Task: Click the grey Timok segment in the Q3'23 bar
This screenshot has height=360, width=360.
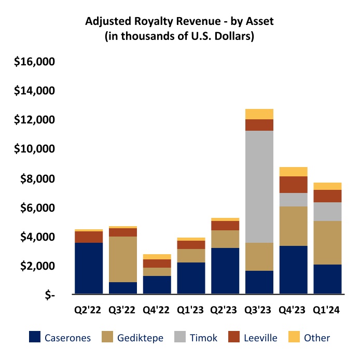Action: coord(259,187)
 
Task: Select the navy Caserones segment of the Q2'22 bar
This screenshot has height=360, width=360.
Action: coord(89,268)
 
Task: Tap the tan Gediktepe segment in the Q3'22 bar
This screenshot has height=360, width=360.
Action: coord(122,259)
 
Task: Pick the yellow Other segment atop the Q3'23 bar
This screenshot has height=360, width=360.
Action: coord(259,114)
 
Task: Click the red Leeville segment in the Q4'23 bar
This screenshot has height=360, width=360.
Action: coord(293,185)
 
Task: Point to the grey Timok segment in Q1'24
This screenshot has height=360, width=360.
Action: coord(327,212)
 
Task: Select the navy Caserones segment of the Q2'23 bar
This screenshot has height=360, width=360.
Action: coord(225,271)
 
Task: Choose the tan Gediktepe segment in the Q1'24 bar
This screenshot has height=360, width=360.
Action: coord(327,243)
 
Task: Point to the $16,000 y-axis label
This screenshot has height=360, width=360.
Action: coord(35,62)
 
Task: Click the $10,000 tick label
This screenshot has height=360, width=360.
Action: coord(35,149)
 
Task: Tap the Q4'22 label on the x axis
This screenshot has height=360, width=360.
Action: coord(156,311)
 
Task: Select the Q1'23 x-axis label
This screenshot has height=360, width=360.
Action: coord(190,311)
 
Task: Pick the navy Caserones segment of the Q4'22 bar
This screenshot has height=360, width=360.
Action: coord(157,285)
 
